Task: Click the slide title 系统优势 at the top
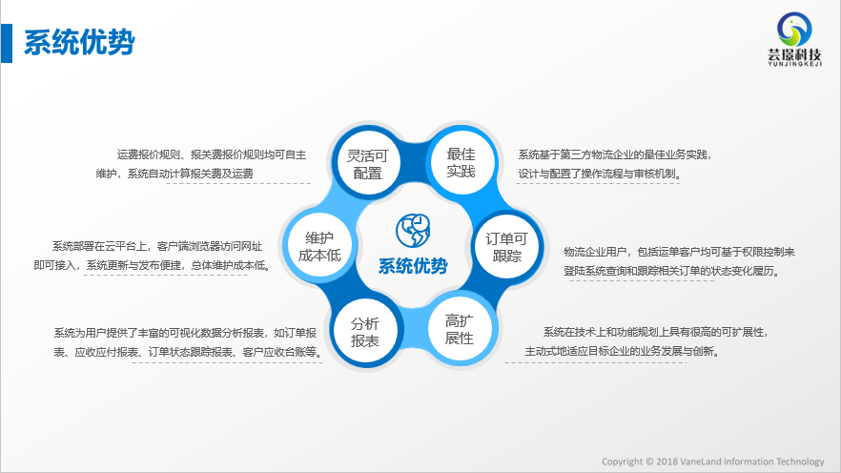(x=79, y=43)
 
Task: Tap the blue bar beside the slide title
(x=7, y=43)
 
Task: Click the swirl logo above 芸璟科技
(x=794, y=30)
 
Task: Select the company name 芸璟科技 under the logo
(x=794, y=54)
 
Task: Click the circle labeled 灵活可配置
(x=367, y=163)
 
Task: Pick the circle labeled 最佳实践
(x=462, y=161)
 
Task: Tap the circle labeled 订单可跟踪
(x=507, y=247)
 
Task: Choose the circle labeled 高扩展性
(x=460, y=329)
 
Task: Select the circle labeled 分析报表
(x=365, y=331)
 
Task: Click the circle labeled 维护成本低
(x=319, y=246)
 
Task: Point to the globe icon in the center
(x=413, y=231)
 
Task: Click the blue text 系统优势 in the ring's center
(x=413, y=266)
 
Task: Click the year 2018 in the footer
(x=667, y=462)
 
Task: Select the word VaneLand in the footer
(x=701, y=462)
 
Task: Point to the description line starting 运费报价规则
(x=212, y=155)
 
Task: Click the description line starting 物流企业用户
(x=679, y=252)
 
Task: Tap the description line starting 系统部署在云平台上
(x=157, y=246)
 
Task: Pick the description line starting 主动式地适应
(x=622, y=351)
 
